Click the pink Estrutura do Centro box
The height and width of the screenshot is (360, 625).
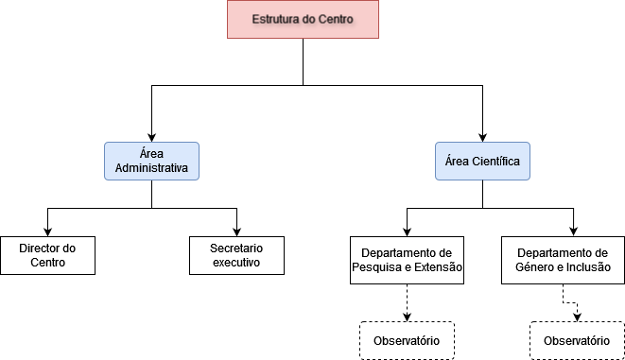tap(303, 20)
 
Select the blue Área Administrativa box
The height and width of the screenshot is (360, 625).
tap(151, 162)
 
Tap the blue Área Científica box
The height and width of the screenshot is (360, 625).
tap(482, 162)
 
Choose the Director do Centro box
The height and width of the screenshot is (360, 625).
tap(47, 255)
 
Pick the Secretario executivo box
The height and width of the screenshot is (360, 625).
tap(236, 255)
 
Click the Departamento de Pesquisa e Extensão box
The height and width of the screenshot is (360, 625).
tap(407, 260)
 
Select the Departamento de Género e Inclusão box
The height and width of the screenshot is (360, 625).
tap(563, 260)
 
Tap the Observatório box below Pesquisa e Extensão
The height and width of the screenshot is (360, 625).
tap(407, 340)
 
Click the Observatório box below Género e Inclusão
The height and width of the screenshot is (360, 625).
tap(577, 340)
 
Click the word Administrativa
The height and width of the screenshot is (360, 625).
tap(151, 169)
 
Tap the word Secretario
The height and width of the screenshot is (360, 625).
tap(236, 248)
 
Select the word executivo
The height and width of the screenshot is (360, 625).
tap(236, 263)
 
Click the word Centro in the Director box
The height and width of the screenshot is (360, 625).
tap(47, 263)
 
